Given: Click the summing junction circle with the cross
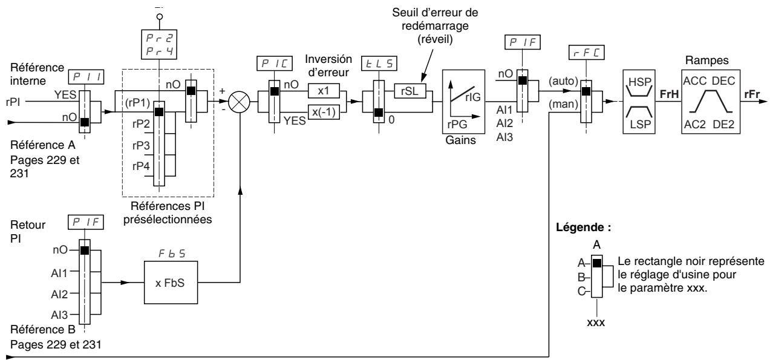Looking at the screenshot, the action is coord(240,102).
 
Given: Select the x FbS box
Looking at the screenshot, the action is coord(171,283).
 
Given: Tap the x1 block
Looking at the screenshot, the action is coord(324,91).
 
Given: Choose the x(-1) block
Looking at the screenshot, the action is coord(324,112).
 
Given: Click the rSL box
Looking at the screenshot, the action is coord(409,91).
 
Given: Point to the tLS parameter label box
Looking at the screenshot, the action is coord(379,64).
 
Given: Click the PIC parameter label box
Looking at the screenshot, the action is coord(275,64).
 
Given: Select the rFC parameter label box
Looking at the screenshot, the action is coord(587,53).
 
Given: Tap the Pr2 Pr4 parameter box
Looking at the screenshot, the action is coord(159,44).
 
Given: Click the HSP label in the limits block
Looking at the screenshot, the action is coord(640,82).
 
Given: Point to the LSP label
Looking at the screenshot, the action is coord(641,124).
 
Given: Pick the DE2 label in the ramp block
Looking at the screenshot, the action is coord(723,124).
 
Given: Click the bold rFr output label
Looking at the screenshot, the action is coord(752,94).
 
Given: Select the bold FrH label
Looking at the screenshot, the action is coord(669,94).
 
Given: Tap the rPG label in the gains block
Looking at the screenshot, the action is coord(457,124).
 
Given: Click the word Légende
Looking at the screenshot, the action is coord(580,227).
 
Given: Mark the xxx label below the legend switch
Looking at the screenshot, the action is coord(596,322).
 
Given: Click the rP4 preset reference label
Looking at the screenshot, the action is coord(141,166).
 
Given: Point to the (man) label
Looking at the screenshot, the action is coord(563,104).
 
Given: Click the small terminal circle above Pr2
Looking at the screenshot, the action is coord(159,16).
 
